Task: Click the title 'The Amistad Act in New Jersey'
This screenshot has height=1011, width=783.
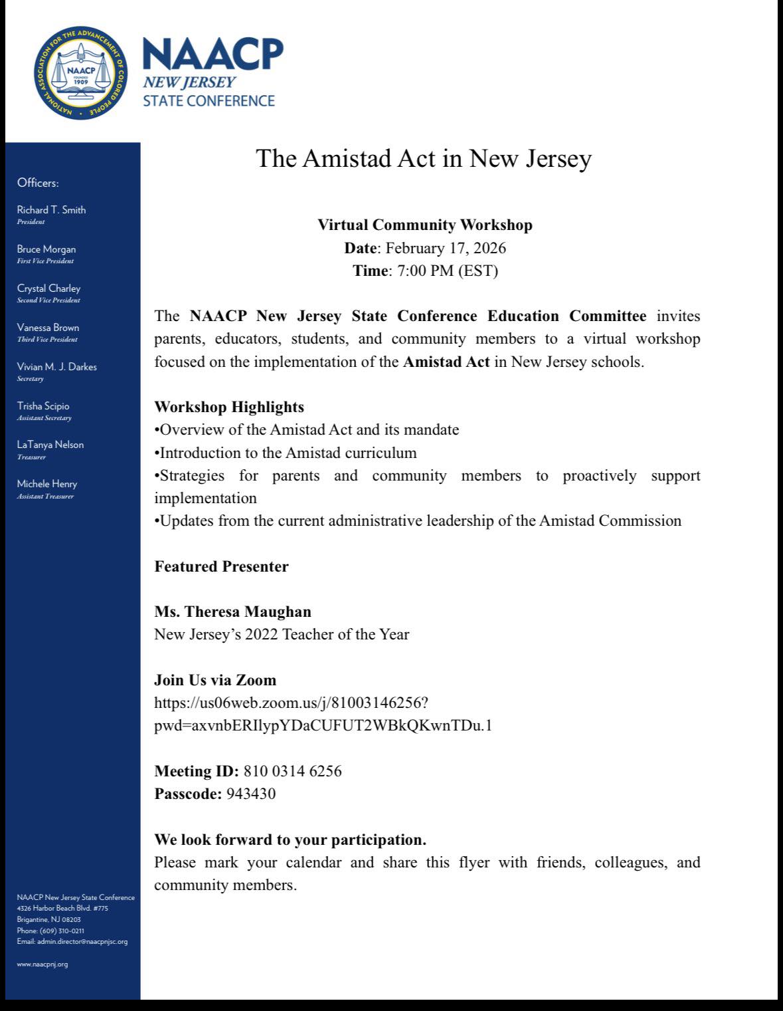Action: click(x=424, y=159)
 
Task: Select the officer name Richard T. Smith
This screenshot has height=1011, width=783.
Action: click(x=51, y=210)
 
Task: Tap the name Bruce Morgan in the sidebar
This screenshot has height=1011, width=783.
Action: click(x=46, y=249)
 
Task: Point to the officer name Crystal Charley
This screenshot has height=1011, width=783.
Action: click(x=48, y=288)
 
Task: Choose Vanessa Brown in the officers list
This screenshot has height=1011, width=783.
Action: click(x=48, y=328)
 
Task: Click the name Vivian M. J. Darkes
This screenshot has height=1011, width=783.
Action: click(x=56, y=367)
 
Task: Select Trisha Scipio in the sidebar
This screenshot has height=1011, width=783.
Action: click(x=43, y=406)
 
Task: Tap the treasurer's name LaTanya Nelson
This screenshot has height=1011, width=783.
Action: click(x=50, y=445)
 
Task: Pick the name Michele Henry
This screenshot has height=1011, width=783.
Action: click(x=46, y=484)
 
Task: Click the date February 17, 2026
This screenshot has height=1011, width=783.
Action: click(x=446, y=249)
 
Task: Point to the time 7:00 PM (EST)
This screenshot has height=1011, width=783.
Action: click(x=448, y=271)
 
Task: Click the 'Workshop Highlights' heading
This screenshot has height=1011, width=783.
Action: click(x=229, y=407)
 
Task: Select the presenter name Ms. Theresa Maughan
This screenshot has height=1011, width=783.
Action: click(x=232, y=612)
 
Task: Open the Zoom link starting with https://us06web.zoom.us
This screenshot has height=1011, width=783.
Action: click(x=296, y=703)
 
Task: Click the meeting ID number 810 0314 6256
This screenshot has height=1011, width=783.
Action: click(x=293, y=771)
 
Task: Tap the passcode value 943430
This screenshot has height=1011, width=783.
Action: click(x=251, y=794)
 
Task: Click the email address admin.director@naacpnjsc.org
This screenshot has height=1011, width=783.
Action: click(x=82, y=942)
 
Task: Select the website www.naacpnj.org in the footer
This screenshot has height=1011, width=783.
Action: click(x=43, y=964)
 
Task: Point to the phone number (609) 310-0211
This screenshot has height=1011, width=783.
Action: click(x=62, y=931)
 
